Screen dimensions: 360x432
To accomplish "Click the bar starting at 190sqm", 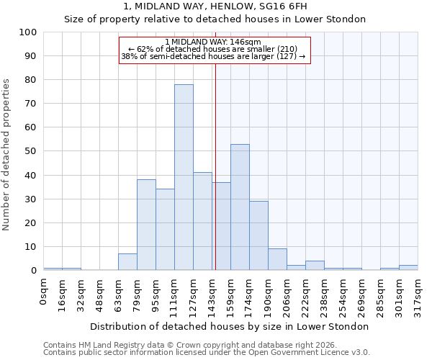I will point(277,259).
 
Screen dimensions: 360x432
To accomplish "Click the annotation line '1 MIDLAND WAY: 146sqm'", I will point(213,42).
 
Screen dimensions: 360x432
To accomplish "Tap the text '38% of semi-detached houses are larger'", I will point(213,56).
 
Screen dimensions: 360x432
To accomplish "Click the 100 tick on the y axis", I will point(28,32).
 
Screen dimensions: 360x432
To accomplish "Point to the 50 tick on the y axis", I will point(31,151).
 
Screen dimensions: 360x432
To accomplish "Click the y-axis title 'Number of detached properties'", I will point(7,156).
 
